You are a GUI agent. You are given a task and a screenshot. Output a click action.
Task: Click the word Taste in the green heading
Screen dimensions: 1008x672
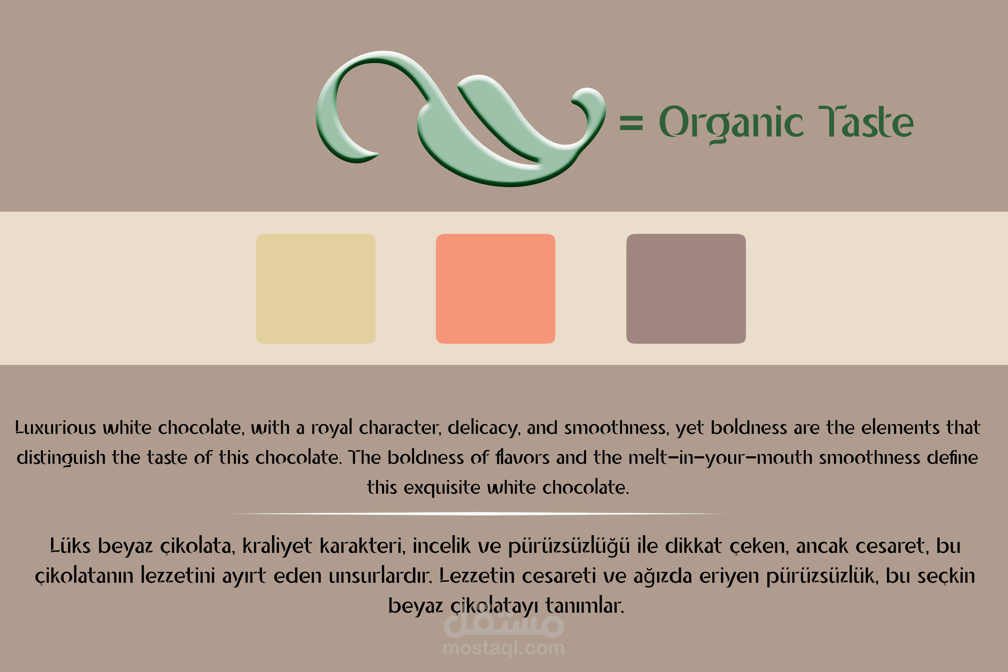[x=866, y=121]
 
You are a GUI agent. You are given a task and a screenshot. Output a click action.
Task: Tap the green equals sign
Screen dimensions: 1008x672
[x=631, y=123]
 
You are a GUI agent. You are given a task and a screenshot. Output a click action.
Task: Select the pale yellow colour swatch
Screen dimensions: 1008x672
[x=316, y=288]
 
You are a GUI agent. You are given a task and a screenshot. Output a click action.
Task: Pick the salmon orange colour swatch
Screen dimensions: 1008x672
[x=495, y=288]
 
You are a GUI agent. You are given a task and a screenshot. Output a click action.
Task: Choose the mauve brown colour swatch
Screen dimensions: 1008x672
[x=686, y=288]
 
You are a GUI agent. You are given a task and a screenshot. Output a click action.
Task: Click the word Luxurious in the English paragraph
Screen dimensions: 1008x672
[x=56, y=428]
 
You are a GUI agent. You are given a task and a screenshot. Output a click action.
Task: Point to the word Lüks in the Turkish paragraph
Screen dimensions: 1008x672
[x=70, y=546]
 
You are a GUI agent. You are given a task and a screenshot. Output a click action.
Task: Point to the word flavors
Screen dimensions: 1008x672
[x=522, y=457]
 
